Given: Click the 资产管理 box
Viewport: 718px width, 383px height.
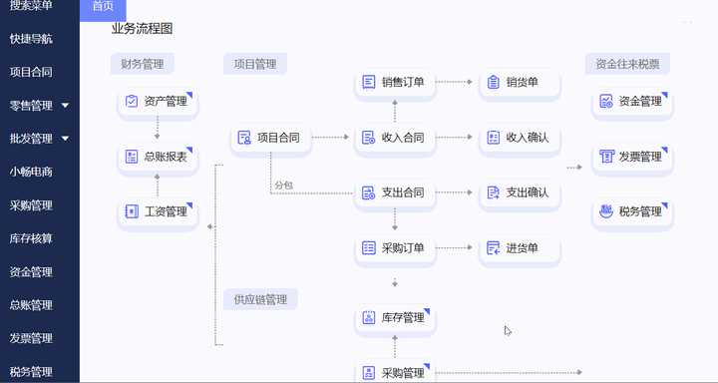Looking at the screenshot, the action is [157, 102].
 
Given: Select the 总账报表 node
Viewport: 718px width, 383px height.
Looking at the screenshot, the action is [157, 157].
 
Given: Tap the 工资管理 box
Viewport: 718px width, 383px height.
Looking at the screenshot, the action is [157, 211].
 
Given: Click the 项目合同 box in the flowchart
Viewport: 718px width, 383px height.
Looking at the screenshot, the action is [271, 138].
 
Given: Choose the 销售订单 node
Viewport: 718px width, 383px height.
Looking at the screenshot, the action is [395, 83].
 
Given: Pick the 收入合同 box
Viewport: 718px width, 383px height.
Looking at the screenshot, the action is [395, 138].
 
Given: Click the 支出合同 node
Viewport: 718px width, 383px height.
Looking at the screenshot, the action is [395, 192].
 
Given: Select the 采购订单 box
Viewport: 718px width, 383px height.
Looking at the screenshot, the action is [395, 247].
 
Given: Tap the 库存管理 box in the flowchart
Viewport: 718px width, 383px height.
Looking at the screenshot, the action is [395, 318].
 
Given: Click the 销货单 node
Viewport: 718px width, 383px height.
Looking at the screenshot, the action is [519, 83].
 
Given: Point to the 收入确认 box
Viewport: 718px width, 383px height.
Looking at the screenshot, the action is [519, 138].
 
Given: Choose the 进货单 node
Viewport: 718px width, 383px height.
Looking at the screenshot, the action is [519, 247].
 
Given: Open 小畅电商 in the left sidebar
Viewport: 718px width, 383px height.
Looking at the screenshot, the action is [31, 172].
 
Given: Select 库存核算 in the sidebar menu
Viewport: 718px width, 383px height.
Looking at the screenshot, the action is [31, 238].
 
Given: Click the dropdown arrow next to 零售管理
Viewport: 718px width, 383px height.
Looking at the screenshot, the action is [65, 105].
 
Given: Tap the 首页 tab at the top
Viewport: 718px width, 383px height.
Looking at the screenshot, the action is [102, 7].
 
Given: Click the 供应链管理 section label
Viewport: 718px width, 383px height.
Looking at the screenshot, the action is [260, 299].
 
